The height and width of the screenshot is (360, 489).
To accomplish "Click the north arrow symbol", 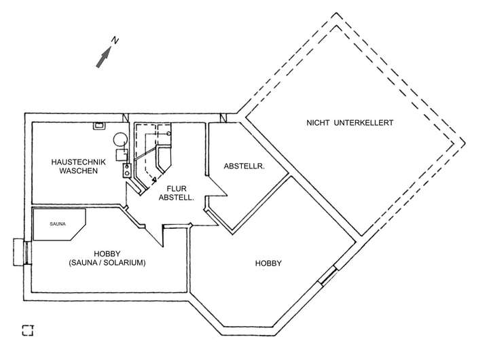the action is tap(103, 57).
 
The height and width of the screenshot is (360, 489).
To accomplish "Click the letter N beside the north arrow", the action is tap(115, 41).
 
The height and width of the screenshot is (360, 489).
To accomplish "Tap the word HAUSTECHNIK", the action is tap(79, 162).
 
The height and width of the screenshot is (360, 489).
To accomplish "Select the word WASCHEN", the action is tap(79, 170).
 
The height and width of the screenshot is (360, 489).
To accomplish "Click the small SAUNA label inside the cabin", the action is tap(58, 224).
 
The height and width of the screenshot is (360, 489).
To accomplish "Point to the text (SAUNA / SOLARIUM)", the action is tap(107, 263).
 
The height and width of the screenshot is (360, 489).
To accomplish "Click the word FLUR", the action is tap(177, 188).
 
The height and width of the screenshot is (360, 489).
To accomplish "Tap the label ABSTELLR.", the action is tap(244, 166).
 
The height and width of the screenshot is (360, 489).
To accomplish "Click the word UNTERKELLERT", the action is tap(363, 122).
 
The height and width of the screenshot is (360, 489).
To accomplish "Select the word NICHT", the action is tap(318, 122).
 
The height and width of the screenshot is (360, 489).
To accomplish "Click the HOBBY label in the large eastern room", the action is tap(268, 264).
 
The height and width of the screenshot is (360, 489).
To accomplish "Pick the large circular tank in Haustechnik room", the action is tap(120, 139).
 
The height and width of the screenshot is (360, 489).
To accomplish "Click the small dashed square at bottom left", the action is tap(27, 330).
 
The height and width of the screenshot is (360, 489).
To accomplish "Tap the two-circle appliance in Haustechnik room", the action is tap(126, 170).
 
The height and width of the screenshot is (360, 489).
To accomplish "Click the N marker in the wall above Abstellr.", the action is tap(223, 118).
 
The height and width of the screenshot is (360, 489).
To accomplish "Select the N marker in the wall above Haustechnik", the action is tap(126, 118).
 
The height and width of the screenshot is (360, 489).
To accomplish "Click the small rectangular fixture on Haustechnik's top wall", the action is tap(99, 126).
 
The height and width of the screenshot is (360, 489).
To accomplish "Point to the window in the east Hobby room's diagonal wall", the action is tap(327, 275).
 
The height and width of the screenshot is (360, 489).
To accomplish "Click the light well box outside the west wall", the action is tap(18, 252).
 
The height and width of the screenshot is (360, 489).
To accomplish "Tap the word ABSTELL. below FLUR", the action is tap(177, 198).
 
